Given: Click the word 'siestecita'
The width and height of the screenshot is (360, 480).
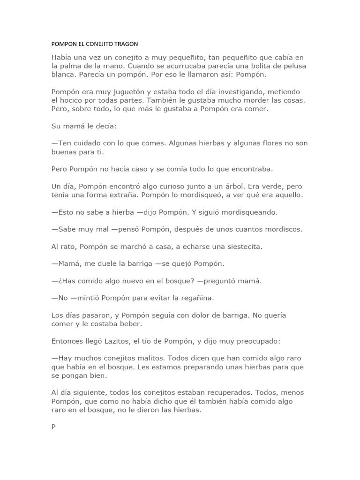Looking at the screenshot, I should pyautogui.click(x=235, y=246).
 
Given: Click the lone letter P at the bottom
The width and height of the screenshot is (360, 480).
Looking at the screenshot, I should pyautogui.click(x=53, y=427).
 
